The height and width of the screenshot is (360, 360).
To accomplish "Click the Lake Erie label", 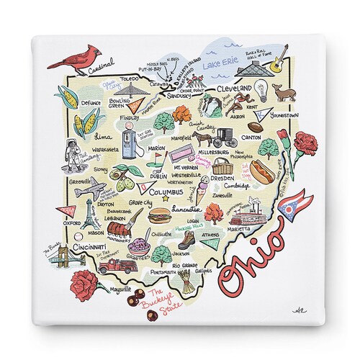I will point(222,63).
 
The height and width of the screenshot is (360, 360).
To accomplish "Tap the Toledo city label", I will point(130,78).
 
